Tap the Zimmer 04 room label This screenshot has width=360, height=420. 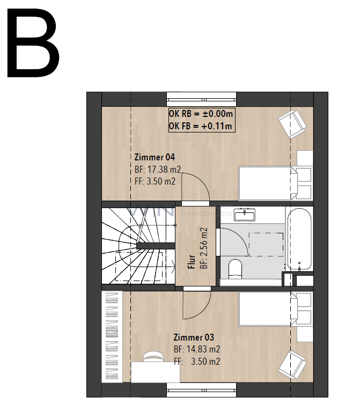click(155, 158)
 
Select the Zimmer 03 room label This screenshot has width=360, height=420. click(194, 337)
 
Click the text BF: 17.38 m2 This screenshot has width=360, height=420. click(158, 170)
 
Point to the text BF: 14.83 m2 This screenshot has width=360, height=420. click(197, 349)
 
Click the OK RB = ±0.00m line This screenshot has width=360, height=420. click(201, 114)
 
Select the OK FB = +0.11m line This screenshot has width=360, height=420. click(201, 126)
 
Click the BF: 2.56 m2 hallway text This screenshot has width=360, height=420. click(203, 248)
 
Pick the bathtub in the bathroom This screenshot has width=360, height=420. click(299, 239)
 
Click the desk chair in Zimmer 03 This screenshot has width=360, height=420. click(153, 356)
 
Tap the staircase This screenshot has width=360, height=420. click(137, 246)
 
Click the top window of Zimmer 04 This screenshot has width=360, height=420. click(201, 99)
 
